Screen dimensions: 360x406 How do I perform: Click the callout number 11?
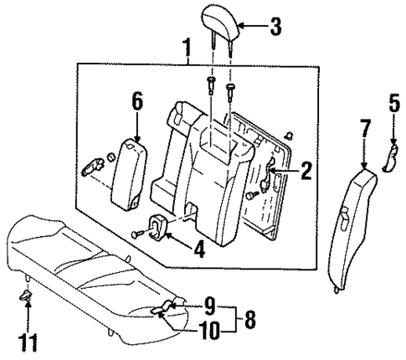pos(28,344)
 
